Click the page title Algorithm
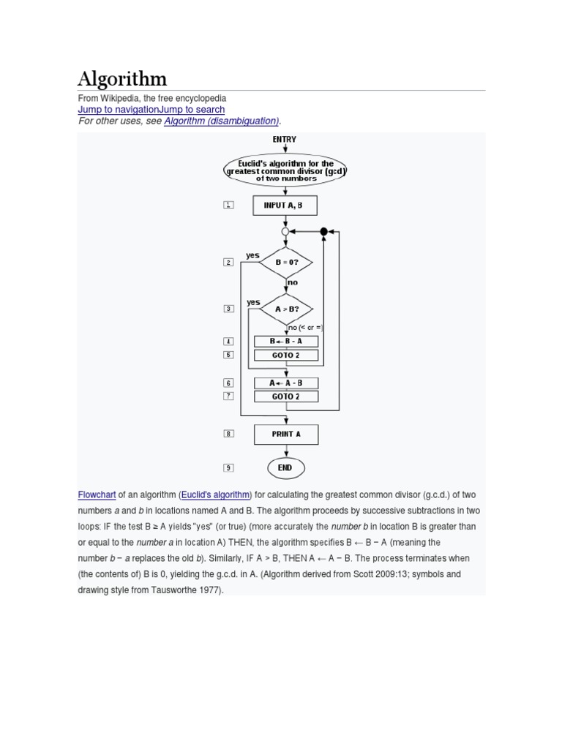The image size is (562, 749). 122,79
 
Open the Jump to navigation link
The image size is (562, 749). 118,110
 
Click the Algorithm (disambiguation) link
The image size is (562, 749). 222,121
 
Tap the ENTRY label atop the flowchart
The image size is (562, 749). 285,139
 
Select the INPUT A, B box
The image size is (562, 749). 285,206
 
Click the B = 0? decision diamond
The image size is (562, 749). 285,261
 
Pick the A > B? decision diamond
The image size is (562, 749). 285,309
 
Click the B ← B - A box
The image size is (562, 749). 285,341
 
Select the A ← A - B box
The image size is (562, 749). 285,383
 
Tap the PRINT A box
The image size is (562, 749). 285,434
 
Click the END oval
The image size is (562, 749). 285,468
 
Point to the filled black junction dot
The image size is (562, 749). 323,231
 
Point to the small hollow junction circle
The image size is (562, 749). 285,231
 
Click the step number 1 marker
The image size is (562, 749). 228,206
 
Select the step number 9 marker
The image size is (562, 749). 228,468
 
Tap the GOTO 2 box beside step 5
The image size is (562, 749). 285,355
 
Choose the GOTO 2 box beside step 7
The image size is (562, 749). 285,396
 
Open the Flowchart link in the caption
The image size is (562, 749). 97,494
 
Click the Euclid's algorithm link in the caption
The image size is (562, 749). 215,494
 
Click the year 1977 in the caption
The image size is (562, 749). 208,589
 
